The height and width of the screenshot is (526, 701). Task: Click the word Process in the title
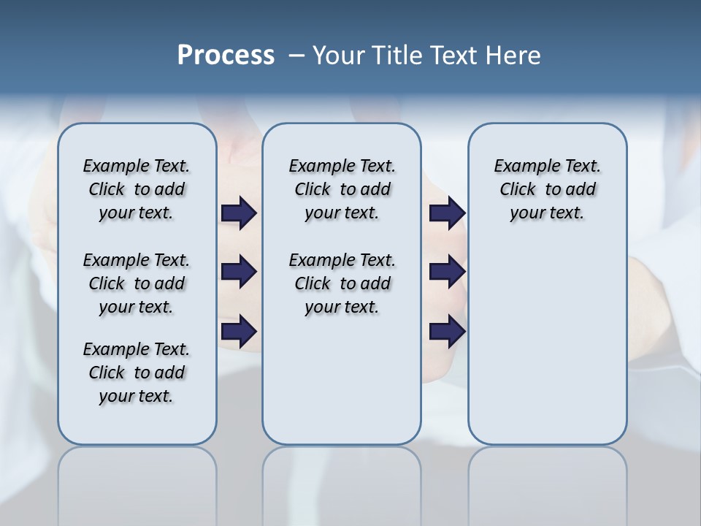pyautogui.click(x=226, y=56)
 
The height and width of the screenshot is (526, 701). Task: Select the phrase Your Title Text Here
pyautogui.click(x=426, y=56)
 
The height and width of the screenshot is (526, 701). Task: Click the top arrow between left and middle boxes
pyautogui.click(x=239, y=213)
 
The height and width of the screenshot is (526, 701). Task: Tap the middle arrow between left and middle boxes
pyautogui.click(x=239, y=272)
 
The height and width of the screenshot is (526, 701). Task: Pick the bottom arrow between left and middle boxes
pyautogui.click(x=239, y=332)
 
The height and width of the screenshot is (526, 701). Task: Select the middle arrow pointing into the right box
pyautogui.click(x=447, y=272)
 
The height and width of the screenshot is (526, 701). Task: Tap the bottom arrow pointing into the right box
pyautogui.click(x=447, y=332)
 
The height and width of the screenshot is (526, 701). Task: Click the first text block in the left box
pyautogui.click(x=137, y=189)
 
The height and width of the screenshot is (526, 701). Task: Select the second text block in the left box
pyautogui.click(x=137, y=283)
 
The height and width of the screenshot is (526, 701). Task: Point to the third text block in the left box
pyautogui.click(x=137, y=373)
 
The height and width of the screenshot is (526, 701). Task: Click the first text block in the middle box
pyautogui.click(x=342, y=189)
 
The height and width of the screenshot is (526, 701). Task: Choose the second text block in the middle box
pyautogui.click(x=342, y=283)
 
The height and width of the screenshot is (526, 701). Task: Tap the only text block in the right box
pyautogui.click(x=547, y=189)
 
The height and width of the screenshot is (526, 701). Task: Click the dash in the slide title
pyautogui.click(x=296, y=56)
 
